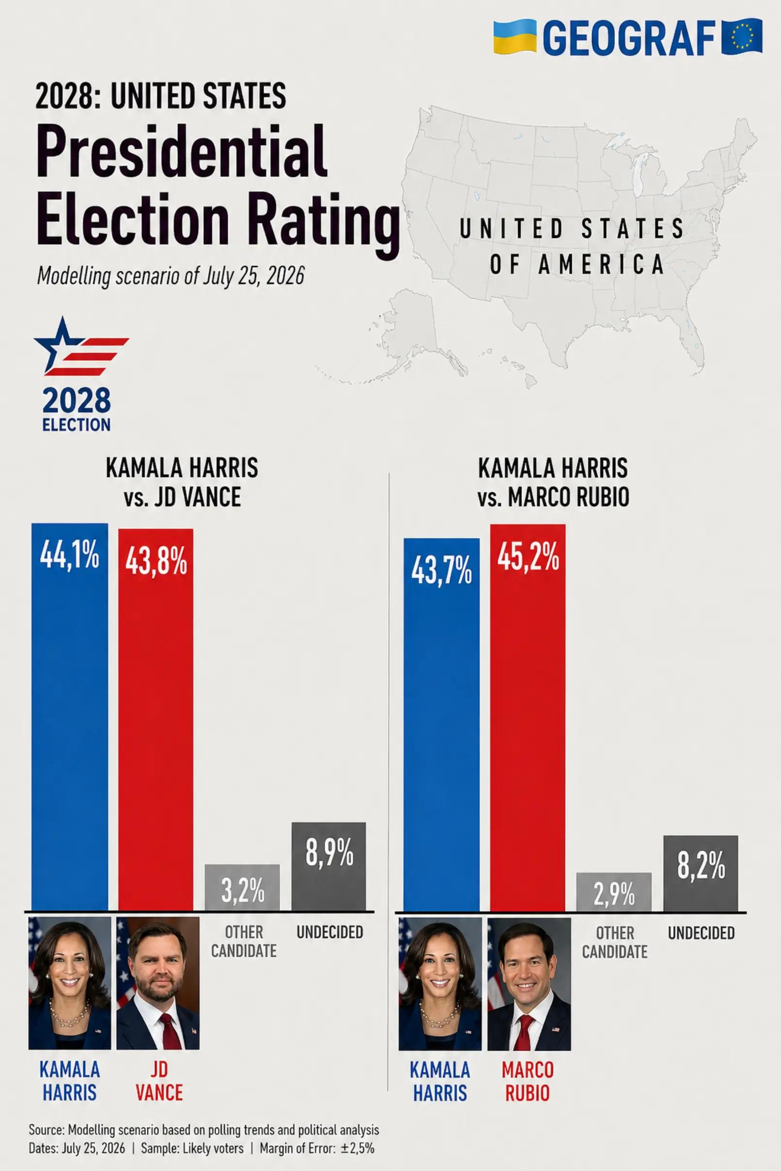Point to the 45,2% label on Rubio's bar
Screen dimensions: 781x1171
pos(529,558)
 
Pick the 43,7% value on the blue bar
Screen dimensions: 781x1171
pos(442,571)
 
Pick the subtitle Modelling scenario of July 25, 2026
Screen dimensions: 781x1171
pos(171,276)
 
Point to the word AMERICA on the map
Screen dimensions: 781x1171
pos(601,264)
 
